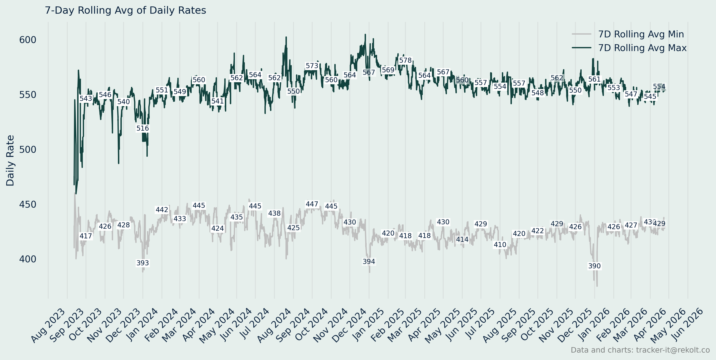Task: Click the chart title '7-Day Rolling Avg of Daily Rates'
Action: point(125,10)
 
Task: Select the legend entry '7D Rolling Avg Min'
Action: point(641,34)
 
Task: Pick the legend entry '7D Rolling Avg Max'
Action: point(642,48)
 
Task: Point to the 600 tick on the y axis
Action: point(28,40)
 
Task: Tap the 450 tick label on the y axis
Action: point(28,205)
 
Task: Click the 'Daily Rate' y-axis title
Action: point(10,160)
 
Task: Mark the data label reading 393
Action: point(143,263)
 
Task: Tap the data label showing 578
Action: point(405,60)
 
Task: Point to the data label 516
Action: point(143,128)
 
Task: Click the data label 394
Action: point(369,262)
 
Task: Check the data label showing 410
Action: point(500,245)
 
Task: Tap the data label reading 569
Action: point(388,70)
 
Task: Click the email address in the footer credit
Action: point(673,350)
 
